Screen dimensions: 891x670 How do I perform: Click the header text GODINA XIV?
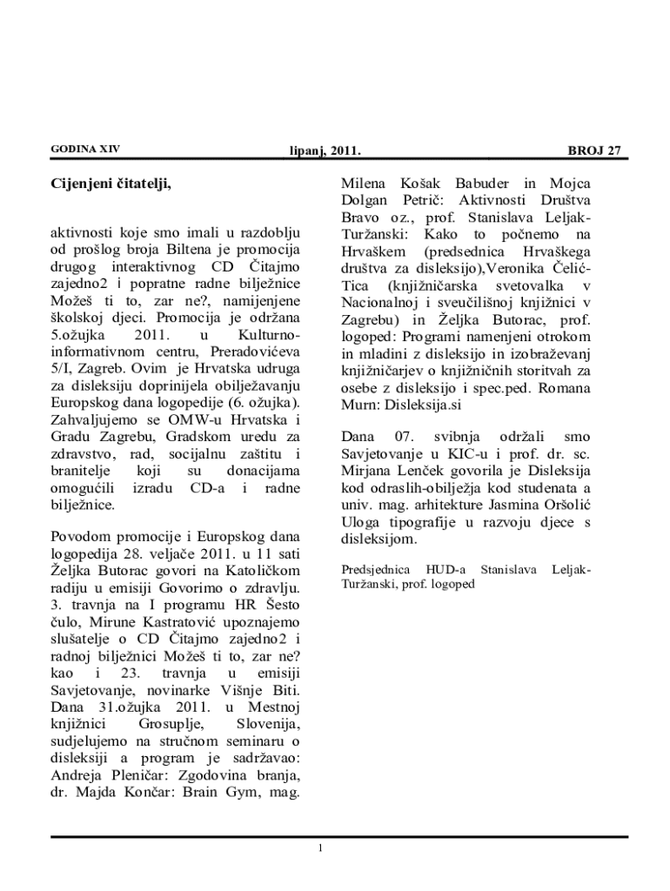[x=85, y=149]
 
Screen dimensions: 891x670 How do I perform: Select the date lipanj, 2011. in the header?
[x=325, y=151]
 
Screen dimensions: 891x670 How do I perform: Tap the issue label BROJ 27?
[x=594, y=151]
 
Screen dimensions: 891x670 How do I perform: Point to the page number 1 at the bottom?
[x=321, y=847]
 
